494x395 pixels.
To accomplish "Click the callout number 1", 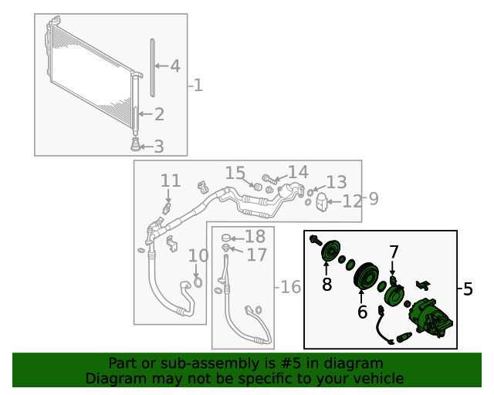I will pyautogui.click(x=198, y=85).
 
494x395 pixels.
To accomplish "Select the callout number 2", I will pyautogui.click(x=159, y=115).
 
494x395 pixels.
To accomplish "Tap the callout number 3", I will pyautogui.click(x=159, y=146).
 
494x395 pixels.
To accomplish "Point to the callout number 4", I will pyautogui.click(x=175, y=66).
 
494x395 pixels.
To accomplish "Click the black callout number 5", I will pyautogui.click(x=467, y=289).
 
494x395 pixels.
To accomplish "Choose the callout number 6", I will pyautogui.click(x=362, y=312).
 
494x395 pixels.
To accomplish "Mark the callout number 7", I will pyautogui.click(x=394, y=252).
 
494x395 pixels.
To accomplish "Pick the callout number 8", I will pyautogui.click(x=327, y=285).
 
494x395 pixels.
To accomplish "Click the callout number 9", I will pyautogui.click(x=373, y=199).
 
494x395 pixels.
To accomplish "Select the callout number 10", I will pyautogui.click(x=198, y=255).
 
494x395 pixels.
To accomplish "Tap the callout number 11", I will pyautogui.click(x=171, y=181).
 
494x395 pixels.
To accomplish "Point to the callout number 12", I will pyautogui.click(x=352, y=201).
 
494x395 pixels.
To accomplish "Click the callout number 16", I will pyautogui.click(x=289, y=288).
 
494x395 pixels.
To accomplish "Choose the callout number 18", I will pyautogui.click(x=255, y=236).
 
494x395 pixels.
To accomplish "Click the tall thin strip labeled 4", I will pyautogui.click(x=153, y=67).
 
